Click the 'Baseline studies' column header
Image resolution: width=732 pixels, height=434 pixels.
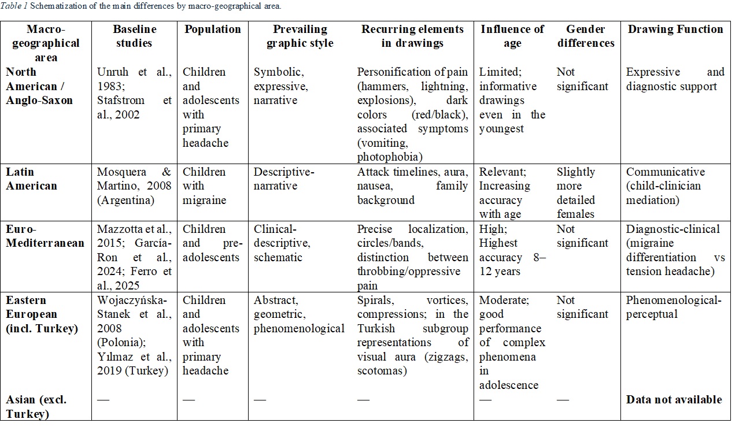coord(134,36)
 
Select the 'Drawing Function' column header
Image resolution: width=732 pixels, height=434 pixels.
coord(675,29)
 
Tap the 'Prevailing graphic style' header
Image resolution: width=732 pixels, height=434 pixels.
coord(300,36)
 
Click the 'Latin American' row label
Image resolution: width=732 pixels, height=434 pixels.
coord(31,179)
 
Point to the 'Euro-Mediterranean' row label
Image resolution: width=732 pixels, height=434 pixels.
coord(45,236)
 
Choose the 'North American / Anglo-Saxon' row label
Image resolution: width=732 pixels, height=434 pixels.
coord(39,86)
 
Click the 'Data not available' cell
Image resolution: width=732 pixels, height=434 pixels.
coord(674,399)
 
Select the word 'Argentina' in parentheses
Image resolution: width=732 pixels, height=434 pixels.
coord(125,200)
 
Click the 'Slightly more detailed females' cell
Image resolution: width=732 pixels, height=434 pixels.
coord(576,192)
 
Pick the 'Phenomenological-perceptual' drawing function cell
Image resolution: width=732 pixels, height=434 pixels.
coord(674,307)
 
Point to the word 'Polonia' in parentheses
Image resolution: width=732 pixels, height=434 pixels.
coord(121,342)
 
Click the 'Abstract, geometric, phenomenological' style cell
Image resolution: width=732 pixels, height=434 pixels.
coord(299,314)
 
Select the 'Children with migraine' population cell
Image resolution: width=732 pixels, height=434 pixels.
coord(204,186)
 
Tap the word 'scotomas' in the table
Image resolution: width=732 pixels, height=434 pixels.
coord(382,371)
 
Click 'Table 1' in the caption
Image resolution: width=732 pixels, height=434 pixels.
coord(14,6)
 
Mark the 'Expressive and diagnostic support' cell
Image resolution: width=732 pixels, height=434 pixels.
coord(675,79)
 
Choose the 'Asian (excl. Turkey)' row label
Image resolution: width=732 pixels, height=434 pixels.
coord(36,407)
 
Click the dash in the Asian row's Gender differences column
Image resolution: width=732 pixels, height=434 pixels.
coord(563,399)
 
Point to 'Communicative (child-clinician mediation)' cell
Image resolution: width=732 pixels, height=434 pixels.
coord(666,186)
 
